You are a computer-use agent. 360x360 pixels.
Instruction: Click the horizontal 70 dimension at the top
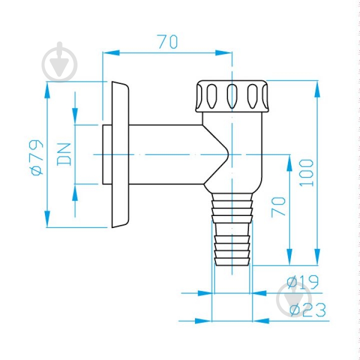pos(168,42)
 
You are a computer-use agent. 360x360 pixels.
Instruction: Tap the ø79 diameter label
pos(37,157)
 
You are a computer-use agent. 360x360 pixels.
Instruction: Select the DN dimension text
pos(64,154)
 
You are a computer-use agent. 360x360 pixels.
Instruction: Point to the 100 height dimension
pos(306,172)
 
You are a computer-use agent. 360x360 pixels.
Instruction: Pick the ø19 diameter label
pos(302,281)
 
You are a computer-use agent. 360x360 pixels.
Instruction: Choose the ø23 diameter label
pos(307,309)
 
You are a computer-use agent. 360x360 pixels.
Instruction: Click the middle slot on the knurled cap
pos(232,96)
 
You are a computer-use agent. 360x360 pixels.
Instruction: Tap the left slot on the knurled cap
pos(211,96)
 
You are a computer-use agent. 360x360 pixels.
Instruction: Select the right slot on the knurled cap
pos(252,96)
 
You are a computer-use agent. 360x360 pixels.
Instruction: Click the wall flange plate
pos(120,154)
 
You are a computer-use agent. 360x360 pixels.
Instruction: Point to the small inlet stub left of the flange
pos(107,154)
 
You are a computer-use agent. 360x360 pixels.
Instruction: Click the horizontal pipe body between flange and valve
pos(166,154)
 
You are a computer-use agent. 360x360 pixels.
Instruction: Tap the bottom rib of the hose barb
pos(232,261)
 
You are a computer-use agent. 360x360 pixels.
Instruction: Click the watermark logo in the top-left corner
pos(59,62)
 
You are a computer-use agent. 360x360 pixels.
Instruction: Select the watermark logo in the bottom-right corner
pos(294,299)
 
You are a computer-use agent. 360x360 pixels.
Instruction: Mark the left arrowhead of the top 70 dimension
pos(111,53)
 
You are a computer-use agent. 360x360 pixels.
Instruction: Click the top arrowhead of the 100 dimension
pos(317,89)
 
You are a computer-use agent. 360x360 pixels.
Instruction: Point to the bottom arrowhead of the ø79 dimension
pos(47,219)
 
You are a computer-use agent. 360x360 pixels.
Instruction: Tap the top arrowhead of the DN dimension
pos(75,116)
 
